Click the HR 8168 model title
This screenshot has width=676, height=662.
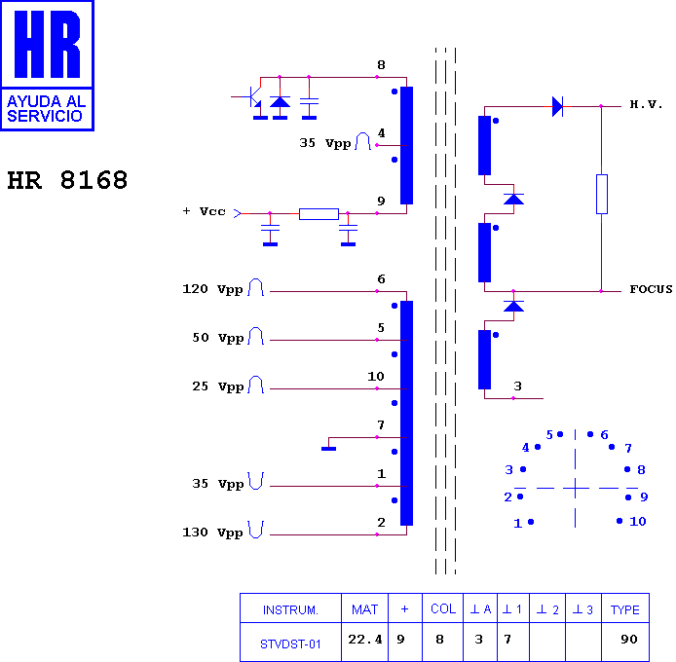[67, 181]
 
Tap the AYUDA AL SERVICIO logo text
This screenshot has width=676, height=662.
[46, 108]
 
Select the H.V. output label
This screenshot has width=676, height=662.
[645, 104]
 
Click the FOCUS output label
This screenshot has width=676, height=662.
[651, 290]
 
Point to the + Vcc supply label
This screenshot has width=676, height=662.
[205, 211]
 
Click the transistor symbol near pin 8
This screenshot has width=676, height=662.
[253, 97]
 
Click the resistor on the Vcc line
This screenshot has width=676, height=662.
[319, 213]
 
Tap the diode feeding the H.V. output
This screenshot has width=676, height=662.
[557, 106]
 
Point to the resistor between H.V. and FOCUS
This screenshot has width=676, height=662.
[601, 194]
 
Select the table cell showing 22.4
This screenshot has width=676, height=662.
[364, 640]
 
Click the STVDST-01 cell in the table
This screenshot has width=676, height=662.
[290, 643]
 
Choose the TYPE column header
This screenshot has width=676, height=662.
[624, 610]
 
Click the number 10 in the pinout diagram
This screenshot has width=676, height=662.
[637, 522]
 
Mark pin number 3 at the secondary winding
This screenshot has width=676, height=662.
[517, 386]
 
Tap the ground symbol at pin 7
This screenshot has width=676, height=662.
[328, 448]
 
